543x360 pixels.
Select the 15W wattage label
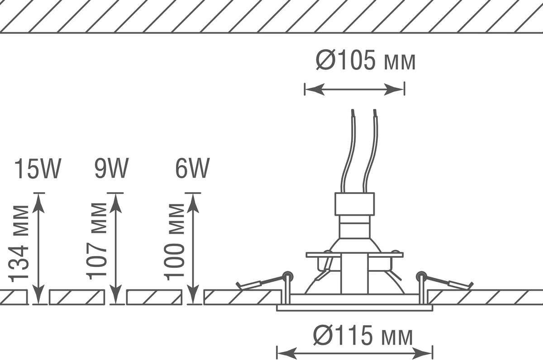[x=38, y=169]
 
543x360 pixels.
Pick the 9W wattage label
[x=111, y=169]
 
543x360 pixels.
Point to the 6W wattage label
[x=192, y=169]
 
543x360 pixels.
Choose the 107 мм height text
[x=96, y=242]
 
